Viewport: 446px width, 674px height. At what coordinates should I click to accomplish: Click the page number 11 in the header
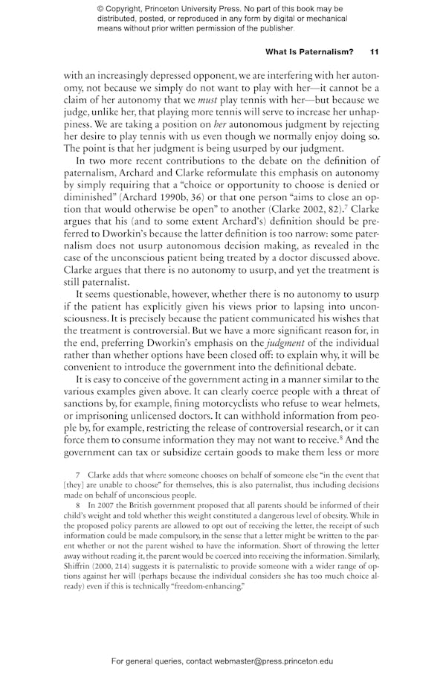coord(374,53)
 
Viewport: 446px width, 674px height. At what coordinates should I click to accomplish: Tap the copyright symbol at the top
coord(101,8)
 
